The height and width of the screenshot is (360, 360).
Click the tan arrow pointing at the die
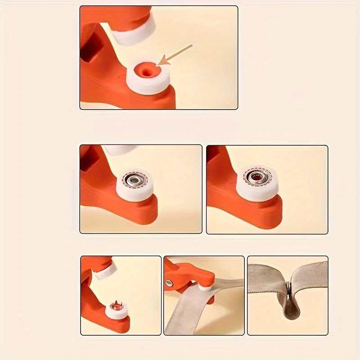click(x=176, y=55)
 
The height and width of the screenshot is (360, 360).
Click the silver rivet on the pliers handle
click(x=169, y=283)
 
